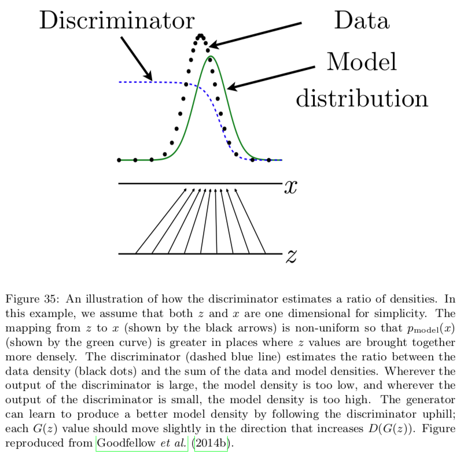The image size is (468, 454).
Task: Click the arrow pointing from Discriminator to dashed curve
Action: [137, 59]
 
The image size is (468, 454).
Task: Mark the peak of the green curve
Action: [209, 57]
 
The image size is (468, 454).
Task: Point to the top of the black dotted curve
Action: [200, 36]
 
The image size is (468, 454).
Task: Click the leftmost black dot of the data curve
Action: [119, 160]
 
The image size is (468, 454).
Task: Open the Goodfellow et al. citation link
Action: [141, 444]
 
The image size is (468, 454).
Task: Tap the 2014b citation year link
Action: [211, 444]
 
